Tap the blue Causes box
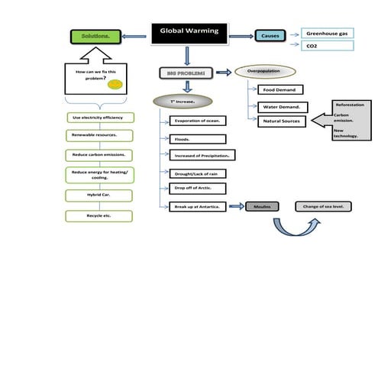pos(270,36)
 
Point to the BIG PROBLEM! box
pos(183,73)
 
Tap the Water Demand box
pos(283,107)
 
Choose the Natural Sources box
pos(282,121)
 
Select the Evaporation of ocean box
pos(197,121)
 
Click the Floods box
pos(197,139)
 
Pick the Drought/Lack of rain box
pos(197,173)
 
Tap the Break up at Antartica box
pos(197,207)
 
